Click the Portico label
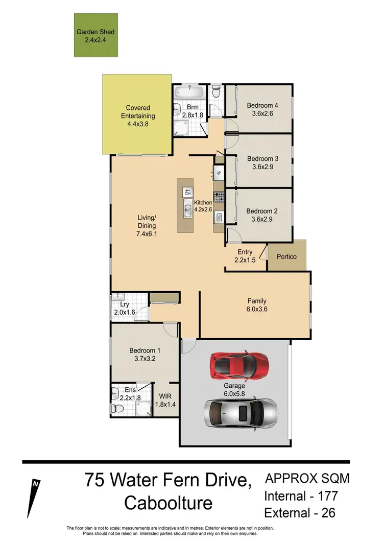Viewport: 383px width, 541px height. tap(286, 256)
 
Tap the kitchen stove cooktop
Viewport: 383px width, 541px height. tap(218, 195)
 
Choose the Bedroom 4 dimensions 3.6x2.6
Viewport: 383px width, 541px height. tap(263, 113)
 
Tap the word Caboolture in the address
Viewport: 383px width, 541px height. tap(169, 503)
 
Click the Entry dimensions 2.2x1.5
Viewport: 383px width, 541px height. tap(245, 260)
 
